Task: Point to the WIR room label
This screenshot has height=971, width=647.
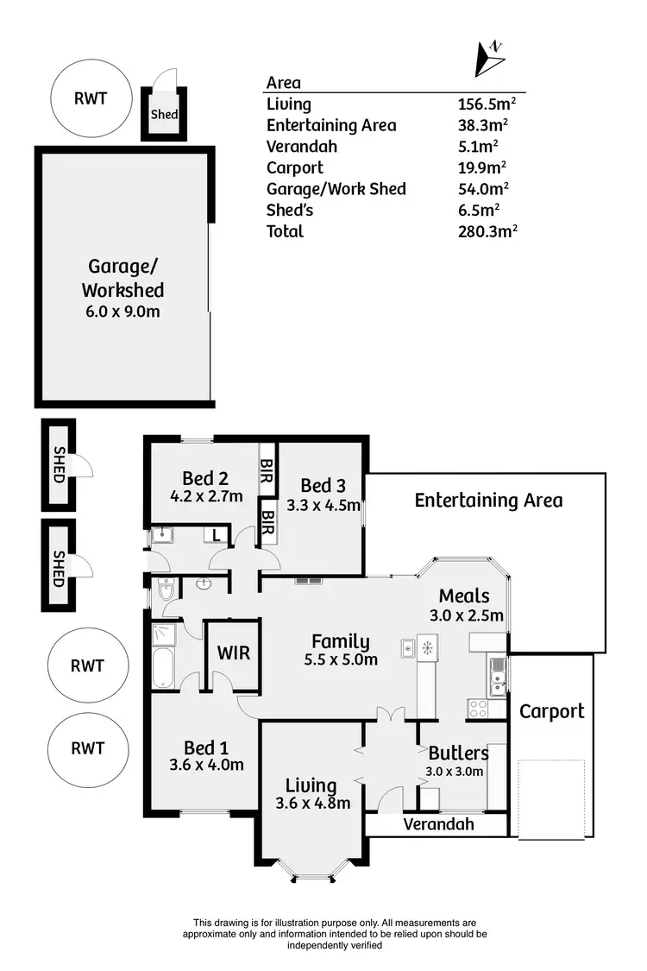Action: [x=234, y=653]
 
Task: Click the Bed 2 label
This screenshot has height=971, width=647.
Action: [x=204, y=478]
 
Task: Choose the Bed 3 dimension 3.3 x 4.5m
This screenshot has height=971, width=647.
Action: [x=323, y=505]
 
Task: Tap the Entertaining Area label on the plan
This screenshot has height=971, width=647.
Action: [x=488, y=501]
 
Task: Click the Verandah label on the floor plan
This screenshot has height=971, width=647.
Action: [x=439, y=824]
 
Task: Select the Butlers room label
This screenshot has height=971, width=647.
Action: [x=458, y=752]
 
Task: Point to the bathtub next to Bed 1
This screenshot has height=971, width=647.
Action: [x=163, y=670]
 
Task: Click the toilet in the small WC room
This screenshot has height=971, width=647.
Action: [x=166, y=590]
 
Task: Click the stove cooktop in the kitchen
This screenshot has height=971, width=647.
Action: [x=476, y=709]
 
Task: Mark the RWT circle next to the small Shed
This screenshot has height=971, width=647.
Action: [x=91, y=98]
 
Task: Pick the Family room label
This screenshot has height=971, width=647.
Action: [x=340, y=641]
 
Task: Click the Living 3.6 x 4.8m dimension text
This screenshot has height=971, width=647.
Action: [x=312, y=804]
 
